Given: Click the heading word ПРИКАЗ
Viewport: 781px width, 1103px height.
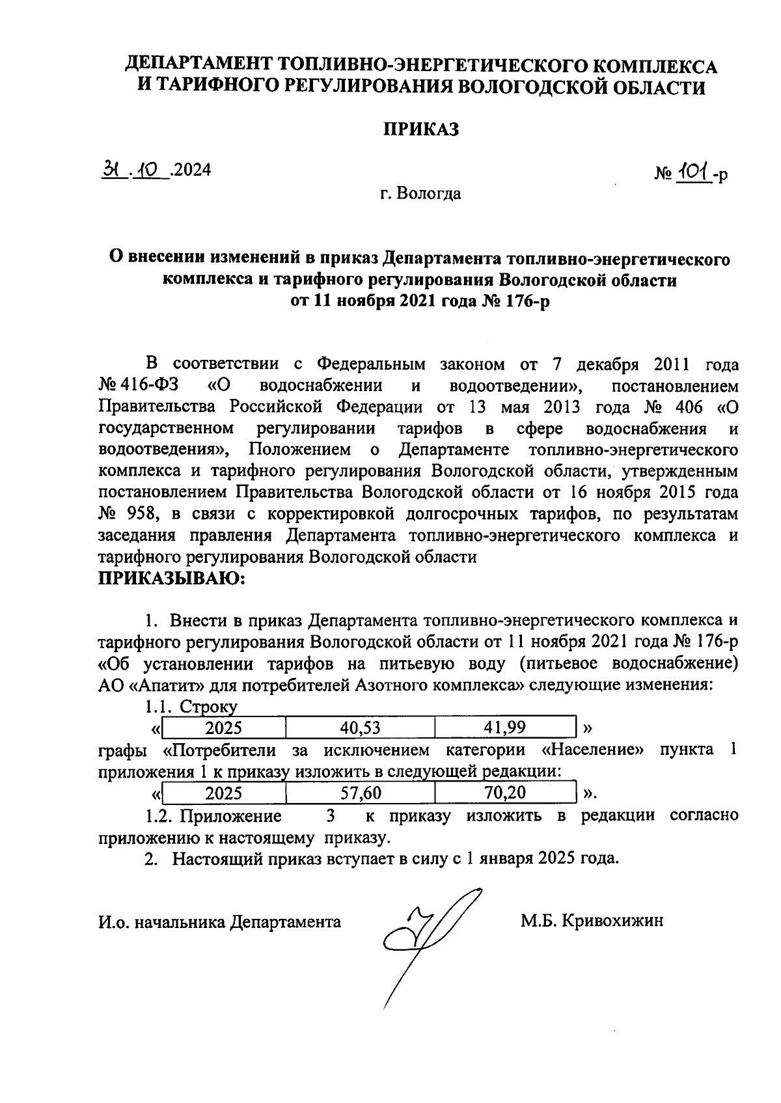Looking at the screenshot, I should (420, 129).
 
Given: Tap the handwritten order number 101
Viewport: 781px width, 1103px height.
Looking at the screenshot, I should (694, 172).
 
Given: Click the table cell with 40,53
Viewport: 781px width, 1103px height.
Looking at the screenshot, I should (360, 728).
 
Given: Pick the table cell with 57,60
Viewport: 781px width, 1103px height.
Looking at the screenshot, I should (360, 793).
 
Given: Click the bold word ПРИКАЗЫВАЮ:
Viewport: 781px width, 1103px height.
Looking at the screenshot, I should (171, 579).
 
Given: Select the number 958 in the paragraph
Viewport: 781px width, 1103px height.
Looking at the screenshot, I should (141, 514).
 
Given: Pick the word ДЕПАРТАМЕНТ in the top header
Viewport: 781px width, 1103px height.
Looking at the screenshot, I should (200, 66).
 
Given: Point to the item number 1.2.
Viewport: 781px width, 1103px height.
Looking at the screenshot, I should (159, 816).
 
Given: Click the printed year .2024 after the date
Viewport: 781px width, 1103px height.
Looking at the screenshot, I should (191, 170).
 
